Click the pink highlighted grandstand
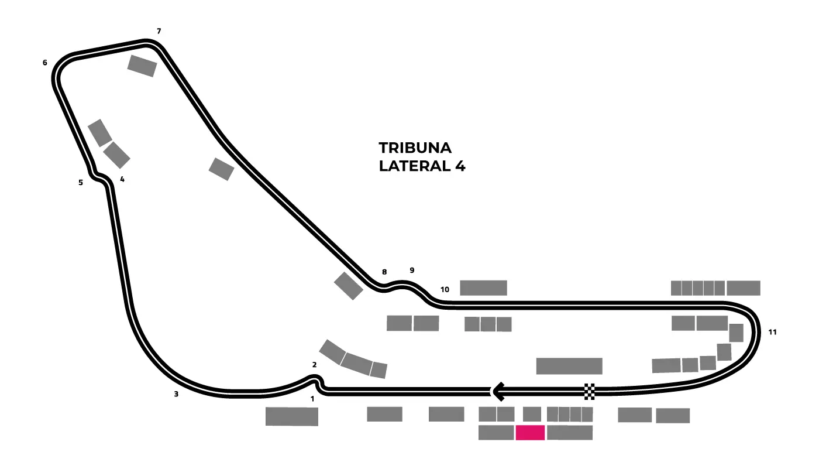[x=530, y=433]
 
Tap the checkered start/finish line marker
[x=589, y=391]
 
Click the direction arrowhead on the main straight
[x=498, y=391]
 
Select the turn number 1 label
[x=312, y=399]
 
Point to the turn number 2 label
[x=314, y=365]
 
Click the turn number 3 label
[x=175, y=394]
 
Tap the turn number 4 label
[x=122, y=180]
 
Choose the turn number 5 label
[x=81, y=183]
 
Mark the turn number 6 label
[x=44, y=63]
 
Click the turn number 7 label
[x=159, y=31]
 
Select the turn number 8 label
[x=384, y=272]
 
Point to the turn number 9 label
[x=412, y=271]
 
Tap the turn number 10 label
[x=445, y=290]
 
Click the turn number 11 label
[x=772, y=333]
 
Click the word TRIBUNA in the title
[x=415, y=147]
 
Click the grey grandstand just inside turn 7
[x=142, y=66]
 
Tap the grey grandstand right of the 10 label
[x=483, y=287]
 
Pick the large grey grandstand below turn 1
[x=291, y=416]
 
